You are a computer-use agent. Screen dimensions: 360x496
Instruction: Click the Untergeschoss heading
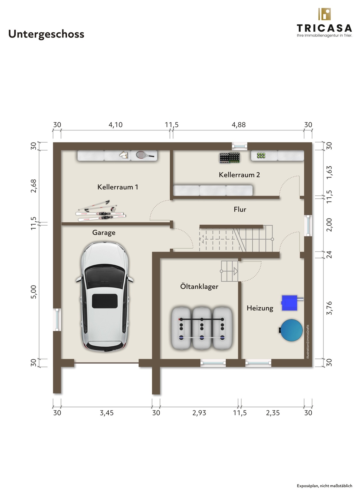tap(46, 34)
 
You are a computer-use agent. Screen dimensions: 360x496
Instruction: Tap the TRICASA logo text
tap(324, 28)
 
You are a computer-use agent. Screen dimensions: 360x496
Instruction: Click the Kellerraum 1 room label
tap(118, 187)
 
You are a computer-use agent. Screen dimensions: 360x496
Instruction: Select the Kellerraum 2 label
tap(239, 175)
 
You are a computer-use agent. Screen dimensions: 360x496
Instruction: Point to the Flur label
tap(240, 209)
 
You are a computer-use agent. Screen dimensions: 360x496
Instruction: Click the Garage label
tap(104, 233)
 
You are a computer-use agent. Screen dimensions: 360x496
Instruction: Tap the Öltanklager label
tap(199, 286)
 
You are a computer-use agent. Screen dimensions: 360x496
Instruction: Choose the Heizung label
tap(260, 308)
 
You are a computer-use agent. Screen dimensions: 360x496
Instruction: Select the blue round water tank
tap(291, 330)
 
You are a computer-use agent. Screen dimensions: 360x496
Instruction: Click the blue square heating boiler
tap(289, 303)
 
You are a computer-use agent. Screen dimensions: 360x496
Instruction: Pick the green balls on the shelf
tap(261, 155)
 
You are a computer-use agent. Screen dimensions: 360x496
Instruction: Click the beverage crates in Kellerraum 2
tap(230, 158)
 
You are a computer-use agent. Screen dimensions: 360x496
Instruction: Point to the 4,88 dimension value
tap(239, 125)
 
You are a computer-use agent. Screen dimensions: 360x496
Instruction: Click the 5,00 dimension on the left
tap(33, 292)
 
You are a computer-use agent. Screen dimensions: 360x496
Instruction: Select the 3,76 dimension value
tap(329, 308)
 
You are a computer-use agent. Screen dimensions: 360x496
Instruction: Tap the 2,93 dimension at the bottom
tap(199, 413)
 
